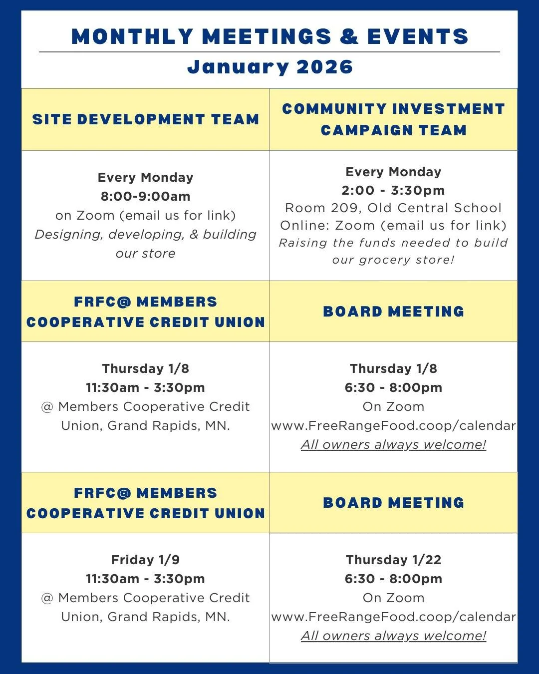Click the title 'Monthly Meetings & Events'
coord(270,36)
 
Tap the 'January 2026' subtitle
coord(270,67)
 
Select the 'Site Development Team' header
coord(146,119)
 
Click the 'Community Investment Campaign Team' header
coord(393,119)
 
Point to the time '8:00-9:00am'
coord(145,196)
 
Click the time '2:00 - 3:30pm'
coord(393,190)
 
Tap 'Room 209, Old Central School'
coord(393,208)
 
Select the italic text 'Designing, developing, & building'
coord(145,234)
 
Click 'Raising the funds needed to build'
coord(393,243)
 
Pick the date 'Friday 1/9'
coord(145,560)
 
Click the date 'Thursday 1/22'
coord(393,560)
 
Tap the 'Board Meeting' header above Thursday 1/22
coord(393,503)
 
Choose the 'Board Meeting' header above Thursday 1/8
coord(393,312)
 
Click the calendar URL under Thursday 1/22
coord(393,617)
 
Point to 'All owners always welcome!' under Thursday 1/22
coord(393,636)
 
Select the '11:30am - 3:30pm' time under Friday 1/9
coord(145,579)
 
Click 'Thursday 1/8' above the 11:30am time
coord(145,368)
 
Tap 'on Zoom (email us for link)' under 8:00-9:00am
coord(145,215)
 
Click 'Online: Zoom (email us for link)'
coord(393,225)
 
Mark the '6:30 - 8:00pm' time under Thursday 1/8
coord(393,387)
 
